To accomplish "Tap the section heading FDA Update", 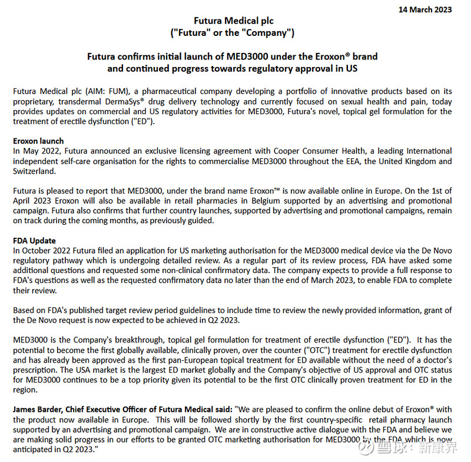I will click(x=35, y=241).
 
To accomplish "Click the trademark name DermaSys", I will click(x=121, y=101).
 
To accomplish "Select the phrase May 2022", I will click(x=38, y=151).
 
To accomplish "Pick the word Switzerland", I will click(x=36, y=171).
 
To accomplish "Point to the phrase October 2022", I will click(x=48, y=251).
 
